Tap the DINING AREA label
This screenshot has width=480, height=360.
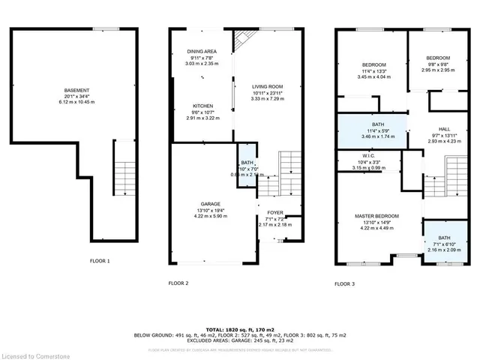click(202, 52)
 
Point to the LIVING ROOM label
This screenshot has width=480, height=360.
click(267, 86)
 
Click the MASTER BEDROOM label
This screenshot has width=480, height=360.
click(379, 216)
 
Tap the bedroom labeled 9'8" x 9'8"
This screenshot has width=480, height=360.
click(438, 58)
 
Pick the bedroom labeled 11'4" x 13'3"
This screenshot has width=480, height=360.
click(370, 65)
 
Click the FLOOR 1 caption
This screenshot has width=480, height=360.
click(100, 261)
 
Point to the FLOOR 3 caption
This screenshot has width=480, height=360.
click(345, 284)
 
